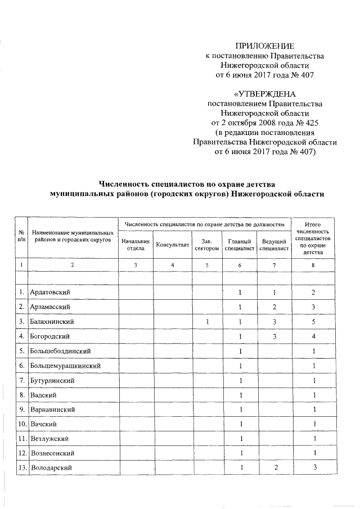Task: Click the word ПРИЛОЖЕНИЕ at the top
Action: click(264, 46)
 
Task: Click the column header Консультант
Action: click(172, 245)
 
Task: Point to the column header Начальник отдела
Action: click(136, 245)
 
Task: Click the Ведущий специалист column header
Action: click(274, 245)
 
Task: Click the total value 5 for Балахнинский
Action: click(313, 322)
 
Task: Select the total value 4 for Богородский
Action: click(313, 336)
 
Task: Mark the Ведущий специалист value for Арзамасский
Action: click(274, 307)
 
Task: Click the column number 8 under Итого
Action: click(313, 265)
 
